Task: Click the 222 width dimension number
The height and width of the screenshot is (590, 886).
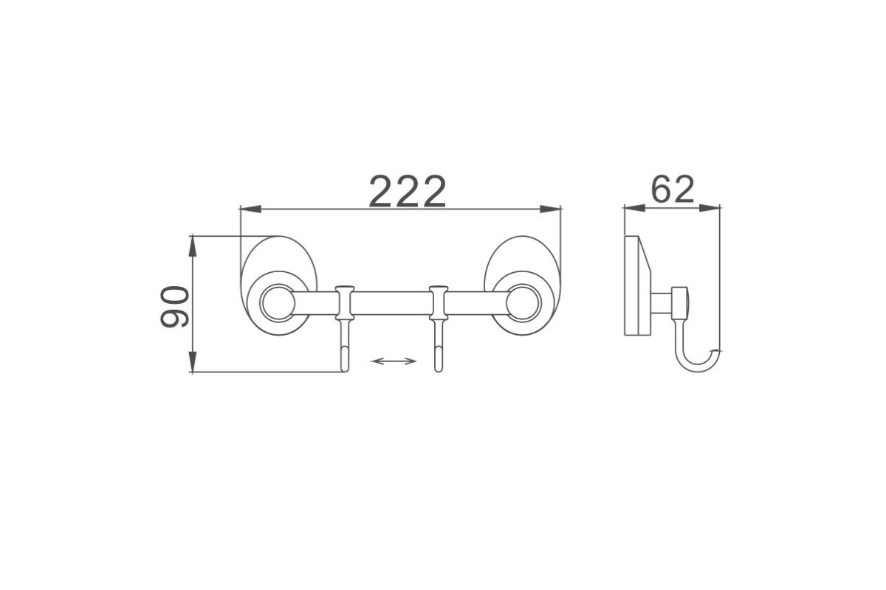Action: [x=408, y=191]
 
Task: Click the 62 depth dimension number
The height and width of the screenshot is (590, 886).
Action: [x=673, y=190]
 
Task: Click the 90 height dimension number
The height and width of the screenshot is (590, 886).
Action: [x=174, y=307]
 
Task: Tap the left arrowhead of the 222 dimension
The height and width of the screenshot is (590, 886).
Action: [x=251, y=209]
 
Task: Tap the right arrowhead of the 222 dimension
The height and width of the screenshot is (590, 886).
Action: [x=551, y=209]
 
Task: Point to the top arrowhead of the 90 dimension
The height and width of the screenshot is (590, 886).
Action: [x=192, y=246]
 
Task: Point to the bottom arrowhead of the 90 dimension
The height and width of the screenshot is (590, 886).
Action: [x=192, y=361]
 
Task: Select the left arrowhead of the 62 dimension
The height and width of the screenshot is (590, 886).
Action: [x=634, y=208]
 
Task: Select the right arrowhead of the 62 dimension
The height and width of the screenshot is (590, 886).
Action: [x=710, y=208]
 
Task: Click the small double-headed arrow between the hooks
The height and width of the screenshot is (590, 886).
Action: [x=394, y=361]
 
